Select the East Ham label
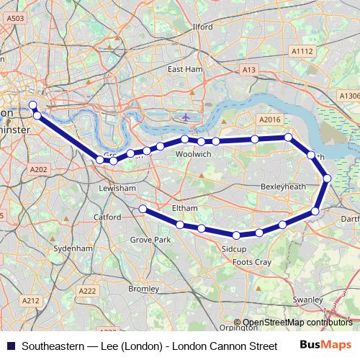click(x=184, y=69)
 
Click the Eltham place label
click(x=185, y=208)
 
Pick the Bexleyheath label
click(x=283, y=186)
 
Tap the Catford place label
click(x=107, y=216)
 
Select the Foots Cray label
click(x=252, y=263)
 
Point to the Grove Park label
click(x=150, y=239)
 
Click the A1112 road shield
click(x=302, y=51)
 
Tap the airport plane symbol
click(x=186, y=117)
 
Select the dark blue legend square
click(x=9, y=346)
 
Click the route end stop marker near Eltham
click(x=143, y=209)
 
